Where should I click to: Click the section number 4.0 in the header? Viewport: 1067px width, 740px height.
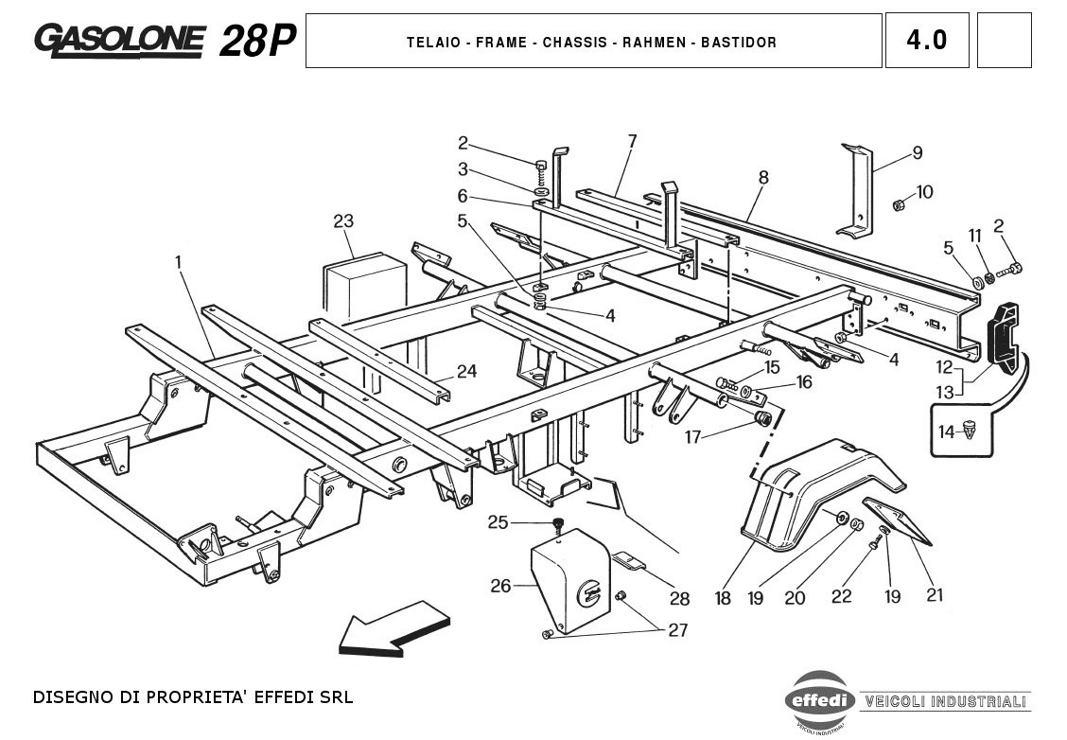pos(926,41)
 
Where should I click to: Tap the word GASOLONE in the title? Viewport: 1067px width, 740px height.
pos(119,39)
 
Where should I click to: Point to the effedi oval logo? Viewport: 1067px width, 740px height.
pos(819,701)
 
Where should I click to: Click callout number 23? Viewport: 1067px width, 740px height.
pos(342,221)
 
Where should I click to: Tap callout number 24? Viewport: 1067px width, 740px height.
pos(466,371)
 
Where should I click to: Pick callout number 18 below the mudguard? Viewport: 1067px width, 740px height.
pos(723,598)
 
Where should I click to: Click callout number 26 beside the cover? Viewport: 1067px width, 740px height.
pos(500,587)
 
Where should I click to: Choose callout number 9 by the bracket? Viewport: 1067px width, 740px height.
pos(917,153)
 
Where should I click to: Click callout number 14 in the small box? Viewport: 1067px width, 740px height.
pos(946,432)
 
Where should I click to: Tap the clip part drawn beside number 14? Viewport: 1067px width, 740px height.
pos(971,431)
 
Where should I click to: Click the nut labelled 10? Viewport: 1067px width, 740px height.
pos(900,203)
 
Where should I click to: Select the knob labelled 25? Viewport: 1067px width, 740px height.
pos(559,523)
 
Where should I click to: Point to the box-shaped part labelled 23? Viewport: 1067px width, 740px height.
pos(364,284)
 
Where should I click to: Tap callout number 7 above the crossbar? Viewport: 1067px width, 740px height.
pos(632,141)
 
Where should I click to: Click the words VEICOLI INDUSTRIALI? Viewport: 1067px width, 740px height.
pos(945,701)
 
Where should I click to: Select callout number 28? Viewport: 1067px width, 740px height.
pos(679,598)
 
